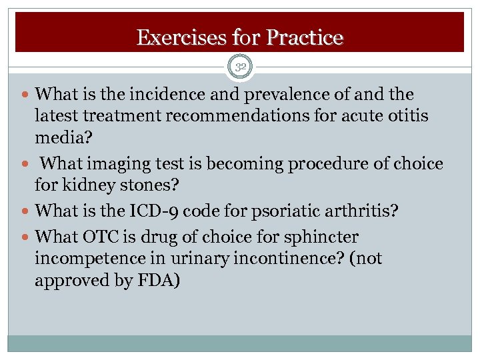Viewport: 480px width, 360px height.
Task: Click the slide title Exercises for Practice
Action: click(239, 37)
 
